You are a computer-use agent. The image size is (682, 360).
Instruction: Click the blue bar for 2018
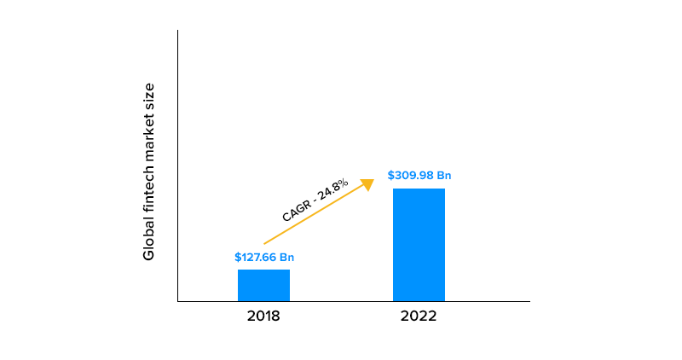[x=263, y=285]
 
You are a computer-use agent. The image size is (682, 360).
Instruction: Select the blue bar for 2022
[x=419, y=244]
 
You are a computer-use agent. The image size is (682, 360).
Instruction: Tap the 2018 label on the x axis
[x=263, y=316]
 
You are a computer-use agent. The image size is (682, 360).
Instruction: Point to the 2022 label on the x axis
[x=419, y=316]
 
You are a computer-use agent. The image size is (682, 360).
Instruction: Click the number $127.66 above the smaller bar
[x=255, y=257]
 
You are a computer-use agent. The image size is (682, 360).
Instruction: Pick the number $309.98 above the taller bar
[x=410, y=176]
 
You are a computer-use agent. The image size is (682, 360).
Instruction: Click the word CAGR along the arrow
[x=296, y=210]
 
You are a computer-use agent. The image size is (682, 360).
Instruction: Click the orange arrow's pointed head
[x=368, y=183]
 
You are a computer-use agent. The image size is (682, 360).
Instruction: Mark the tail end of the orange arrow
[x=265, y=243]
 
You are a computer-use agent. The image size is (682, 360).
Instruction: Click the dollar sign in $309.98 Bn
[x=390, y=176]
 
